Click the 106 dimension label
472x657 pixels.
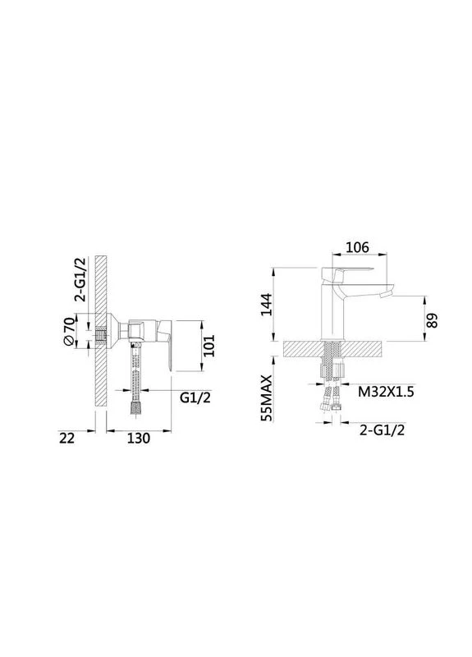pos(357,247)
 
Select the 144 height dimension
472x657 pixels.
pos(266,305)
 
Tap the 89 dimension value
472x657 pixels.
pos(433,320)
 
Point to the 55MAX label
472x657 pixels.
pos(266,398)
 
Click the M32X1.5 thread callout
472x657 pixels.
pos(386,392)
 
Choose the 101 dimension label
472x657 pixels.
pos(210,346)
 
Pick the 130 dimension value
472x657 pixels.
pos(138,439)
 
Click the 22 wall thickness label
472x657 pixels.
pos(67,439)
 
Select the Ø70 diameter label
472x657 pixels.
pos(71,332)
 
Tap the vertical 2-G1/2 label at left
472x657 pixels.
pos(80,279)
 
